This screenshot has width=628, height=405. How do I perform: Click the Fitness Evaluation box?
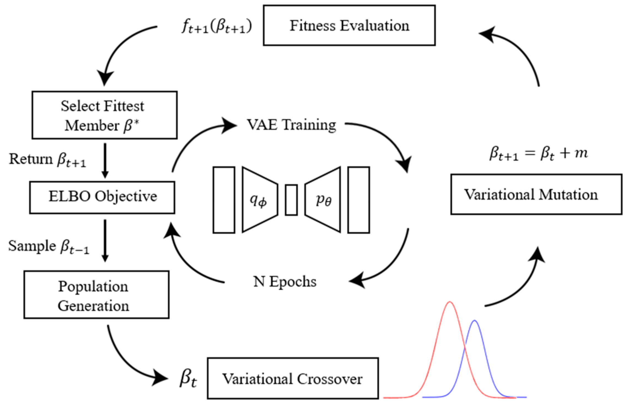pyautogui.click(x=349, y=25)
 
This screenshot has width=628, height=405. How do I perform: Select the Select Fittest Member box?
pyautogui.click(x=104, y=115)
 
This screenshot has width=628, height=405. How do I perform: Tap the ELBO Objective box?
pyautogui.click(x=102, y=197)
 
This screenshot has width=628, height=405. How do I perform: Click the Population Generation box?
pyautogui.click(x=96, y=295)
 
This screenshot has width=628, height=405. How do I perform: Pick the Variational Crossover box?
pyautogui.click(x=293, y=378)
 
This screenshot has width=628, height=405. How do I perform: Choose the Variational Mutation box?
pyautogui.click(x=536, y=194)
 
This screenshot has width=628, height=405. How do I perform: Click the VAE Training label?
pyautogui.click(x=291, y=125)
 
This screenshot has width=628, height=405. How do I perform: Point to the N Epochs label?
pyautogui.click(x=285, y=282)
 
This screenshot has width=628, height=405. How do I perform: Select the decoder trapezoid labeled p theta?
pyautogui.click(x=323, y=200)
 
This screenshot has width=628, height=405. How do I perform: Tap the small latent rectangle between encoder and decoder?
pyautogui.click(x=291, y=200)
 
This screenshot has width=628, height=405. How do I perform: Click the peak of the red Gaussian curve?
pyautogui.click(x=450, y=302)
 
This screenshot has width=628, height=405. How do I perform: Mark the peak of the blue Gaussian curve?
pyautogui.click(x=474, y=320)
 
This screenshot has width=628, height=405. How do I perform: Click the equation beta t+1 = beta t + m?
pyautogui.click(x=538, y=153)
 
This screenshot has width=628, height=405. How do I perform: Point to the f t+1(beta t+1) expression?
pyautogui.click(x=217, y=27)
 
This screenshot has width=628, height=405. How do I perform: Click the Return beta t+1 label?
pyautogui.click(x=47, y=160)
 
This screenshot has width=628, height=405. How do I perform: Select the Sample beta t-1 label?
pyautogui.click(x=49, y=246)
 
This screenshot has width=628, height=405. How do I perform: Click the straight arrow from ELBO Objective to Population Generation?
pyautogui.click(x=105, y=240)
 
